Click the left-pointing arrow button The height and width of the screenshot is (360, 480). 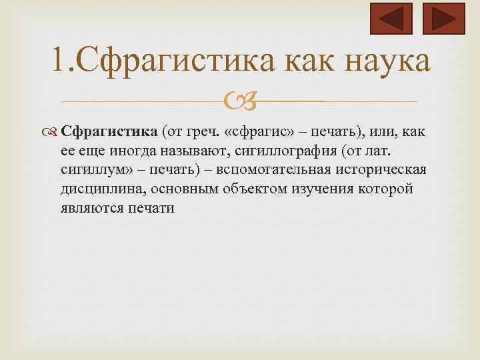click(x=391, y=19)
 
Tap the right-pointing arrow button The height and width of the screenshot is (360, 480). click(x=444, y=19)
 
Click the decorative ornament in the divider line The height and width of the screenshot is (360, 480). click(x=239, y=102)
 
